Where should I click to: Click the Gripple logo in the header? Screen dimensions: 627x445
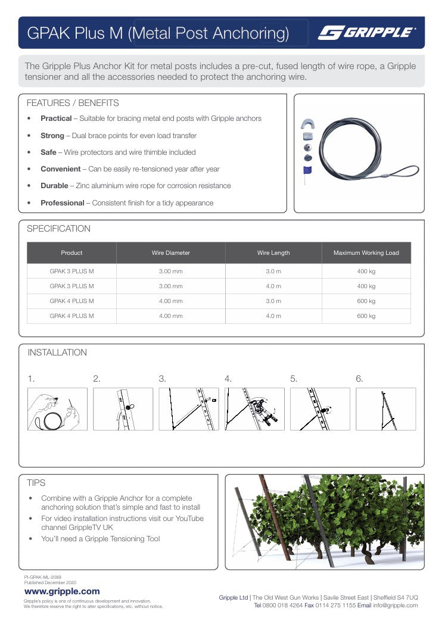point(367,33)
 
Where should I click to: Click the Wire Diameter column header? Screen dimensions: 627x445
point(170,253)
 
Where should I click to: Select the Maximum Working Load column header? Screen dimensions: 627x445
point(366,253)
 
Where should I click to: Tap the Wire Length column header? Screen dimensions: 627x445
point(273,253)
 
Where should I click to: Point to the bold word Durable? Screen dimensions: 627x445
point(54,186)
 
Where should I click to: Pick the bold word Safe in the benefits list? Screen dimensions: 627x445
point(48,152)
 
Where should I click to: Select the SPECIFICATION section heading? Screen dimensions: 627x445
point(59,229)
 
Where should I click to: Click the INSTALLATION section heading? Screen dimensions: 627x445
point(57,353)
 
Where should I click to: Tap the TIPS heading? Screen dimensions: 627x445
point(36,483)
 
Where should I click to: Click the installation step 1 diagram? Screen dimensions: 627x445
point(57,409)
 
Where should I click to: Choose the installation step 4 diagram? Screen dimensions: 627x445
point(254,409)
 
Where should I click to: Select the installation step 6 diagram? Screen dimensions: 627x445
point(385,409)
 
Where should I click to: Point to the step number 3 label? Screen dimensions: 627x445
point(162,379)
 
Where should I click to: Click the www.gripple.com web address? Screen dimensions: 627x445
point(62,591)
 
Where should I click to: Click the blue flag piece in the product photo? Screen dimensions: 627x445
point(307,171)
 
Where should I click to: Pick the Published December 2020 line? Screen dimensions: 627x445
point(50,582)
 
